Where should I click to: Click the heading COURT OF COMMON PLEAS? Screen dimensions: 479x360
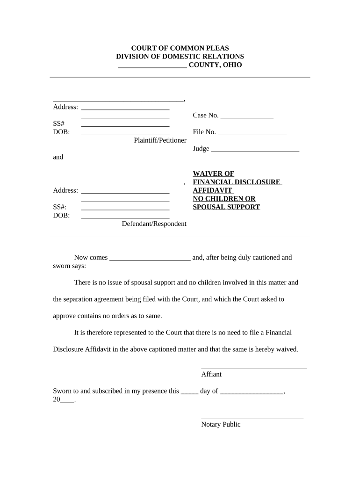pyautogui.click(x=180, y=48)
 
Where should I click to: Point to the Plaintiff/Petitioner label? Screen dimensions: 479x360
pyautogui.click(x=160, y=140)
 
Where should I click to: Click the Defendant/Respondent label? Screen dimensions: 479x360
pyautogui.click(x=154, y=224)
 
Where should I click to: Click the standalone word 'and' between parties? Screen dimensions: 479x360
pyautogui.click(x=58, y=157)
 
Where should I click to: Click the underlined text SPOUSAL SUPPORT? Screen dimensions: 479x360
pyautogui.click(x=226, y=207)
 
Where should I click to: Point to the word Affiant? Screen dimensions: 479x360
pyautogui.click(x=211, y=374)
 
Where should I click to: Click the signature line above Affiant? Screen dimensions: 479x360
pyautogui.click(x=254, y=369)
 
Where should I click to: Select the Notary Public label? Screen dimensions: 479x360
pyautogui.click(x=221, y=424)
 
